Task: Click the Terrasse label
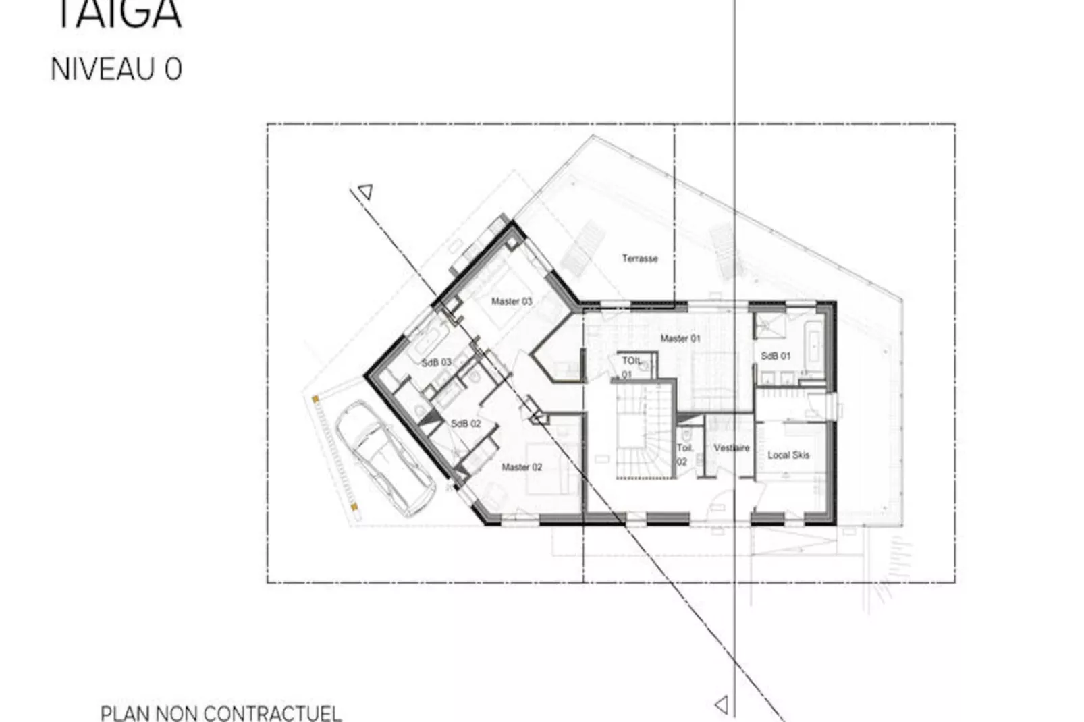[x=639, y=258]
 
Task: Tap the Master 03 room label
[x=512, y=302]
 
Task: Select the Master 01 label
[x=680, y=339]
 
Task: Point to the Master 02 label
[x=522, y=467]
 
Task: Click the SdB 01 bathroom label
[x=776, y=356]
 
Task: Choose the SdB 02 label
[x=466, y=424]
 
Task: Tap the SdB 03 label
[x=436, y=362]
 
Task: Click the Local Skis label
[x=788, y=455]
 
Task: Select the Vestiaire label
[x=732, y=447]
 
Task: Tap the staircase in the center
[x=641, y=432]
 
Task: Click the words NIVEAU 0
[x=116, y=70]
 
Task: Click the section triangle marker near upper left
[x=366, y=192]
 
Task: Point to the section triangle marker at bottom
[x=722, y=705]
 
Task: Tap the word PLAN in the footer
[x=126, y=713]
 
